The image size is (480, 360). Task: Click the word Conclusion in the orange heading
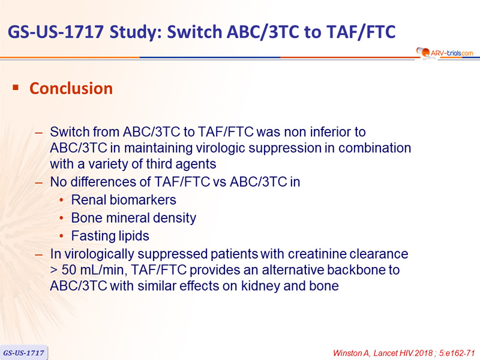(71, 88)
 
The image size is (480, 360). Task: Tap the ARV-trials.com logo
(445, 53)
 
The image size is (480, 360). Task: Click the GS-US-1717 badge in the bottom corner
(23, 353)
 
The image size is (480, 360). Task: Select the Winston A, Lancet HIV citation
(404, 353)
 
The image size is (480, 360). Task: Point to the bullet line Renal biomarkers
(124, 200)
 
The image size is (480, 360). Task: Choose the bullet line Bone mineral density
(134, 218)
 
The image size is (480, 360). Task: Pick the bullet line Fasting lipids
(110, 236)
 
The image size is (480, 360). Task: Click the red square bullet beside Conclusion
(16, 88)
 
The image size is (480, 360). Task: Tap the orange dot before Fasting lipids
(62, 236)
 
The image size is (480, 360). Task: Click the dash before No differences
(39, 183)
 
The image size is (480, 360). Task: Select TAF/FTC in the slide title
(361, 32)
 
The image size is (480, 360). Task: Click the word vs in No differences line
(219, 182)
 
